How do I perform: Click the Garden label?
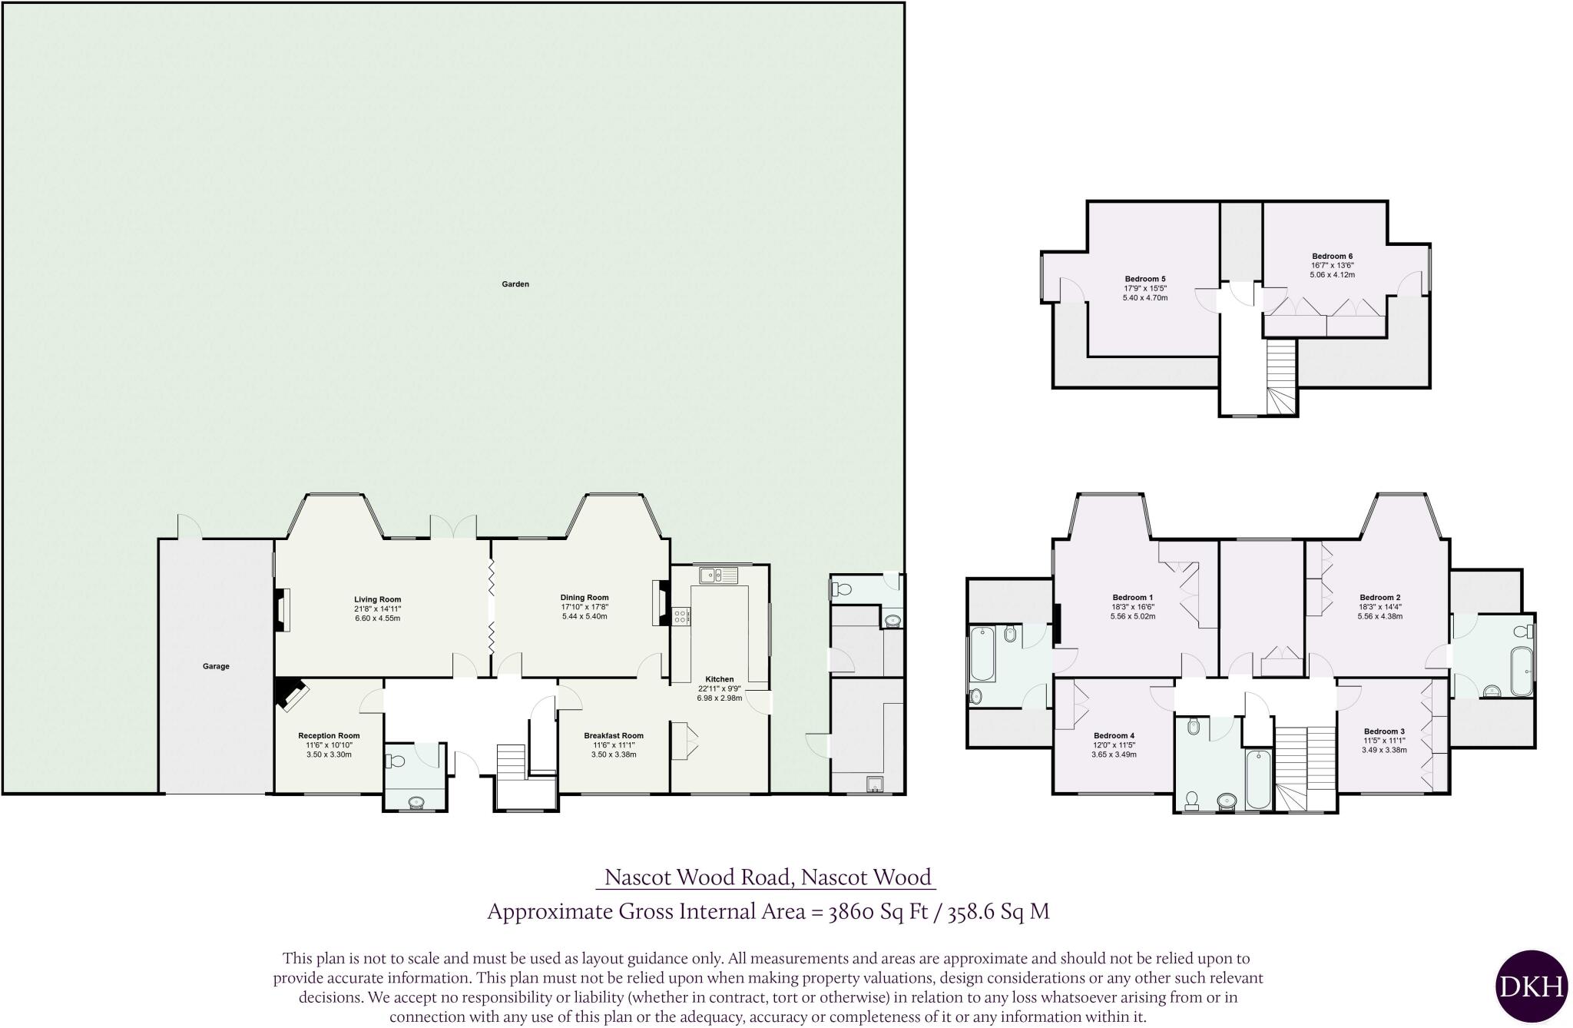click(515, 284)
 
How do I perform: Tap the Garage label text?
click(216, 667)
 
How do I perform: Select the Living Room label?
click(377, 600)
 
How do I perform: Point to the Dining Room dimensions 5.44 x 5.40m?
click(584, 616)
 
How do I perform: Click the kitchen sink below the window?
click(718, 575)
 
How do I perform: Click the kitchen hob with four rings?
click(681, 615)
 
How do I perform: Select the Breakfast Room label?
click(613, 736)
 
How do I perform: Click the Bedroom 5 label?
click(1145, 279)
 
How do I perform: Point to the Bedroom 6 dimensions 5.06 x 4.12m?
click(1332, 275)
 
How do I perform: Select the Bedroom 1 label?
click(1132, 598)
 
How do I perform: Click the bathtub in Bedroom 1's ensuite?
click(982, 655)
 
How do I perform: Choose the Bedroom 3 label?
click(1384, 731)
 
